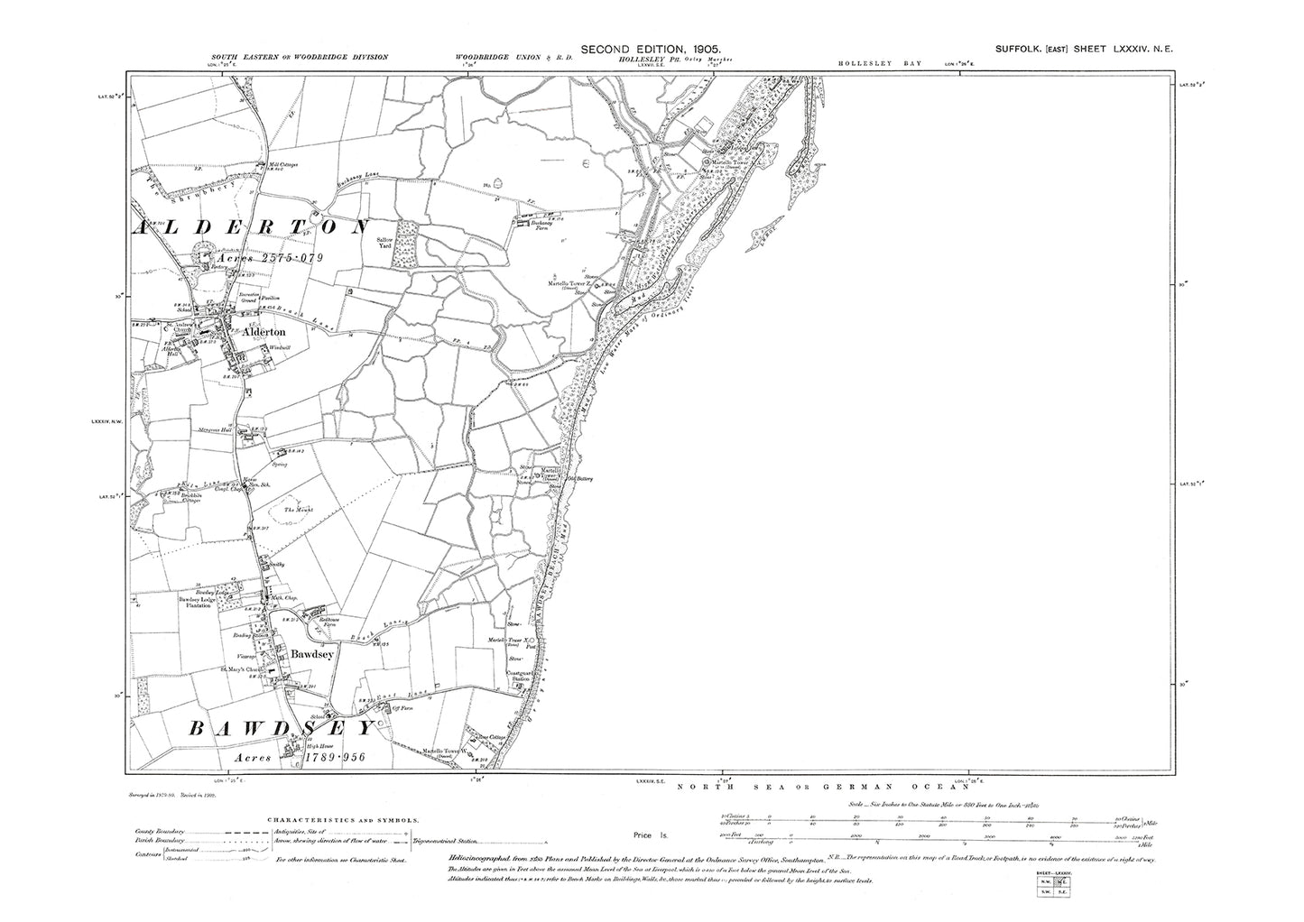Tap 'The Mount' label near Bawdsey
(298, 511)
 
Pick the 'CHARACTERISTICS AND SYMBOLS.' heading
(343, 820)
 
